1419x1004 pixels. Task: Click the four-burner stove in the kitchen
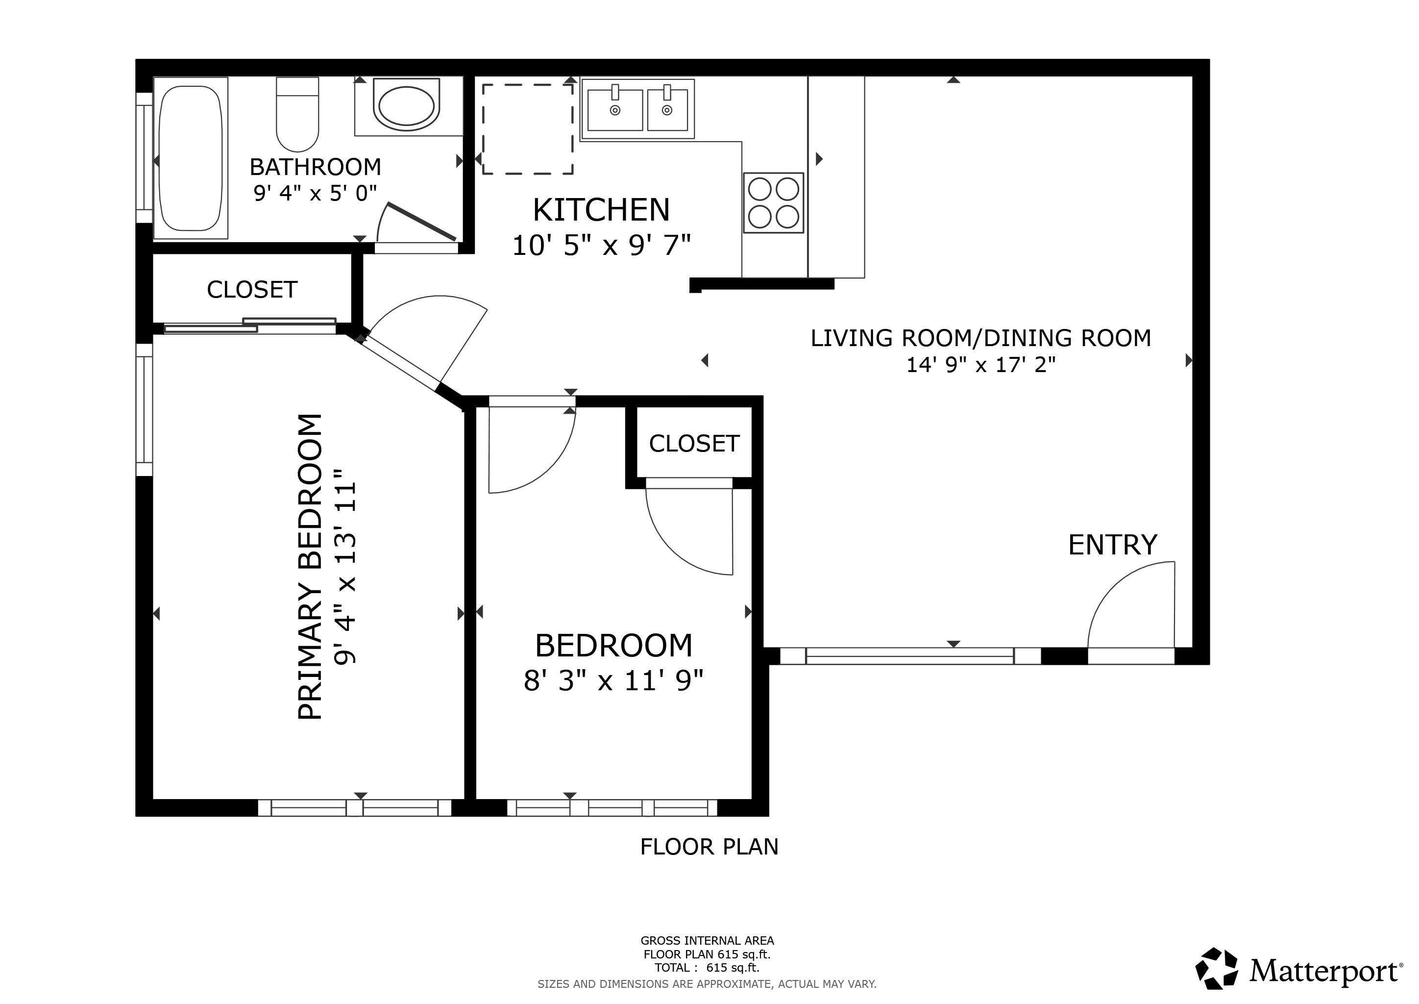point(773,203)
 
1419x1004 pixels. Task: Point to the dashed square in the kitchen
point(528,129)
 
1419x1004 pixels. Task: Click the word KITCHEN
point(601,210)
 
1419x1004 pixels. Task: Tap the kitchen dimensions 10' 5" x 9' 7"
point(601,246)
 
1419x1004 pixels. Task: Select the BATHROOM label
point(315,167)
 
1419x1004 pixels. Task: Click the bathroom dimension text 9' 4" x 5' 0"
point(315,194)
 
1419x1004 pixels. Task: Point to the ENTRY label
point(1112,545)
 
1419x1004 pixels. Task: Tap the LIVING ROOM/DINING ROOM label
point(981,338)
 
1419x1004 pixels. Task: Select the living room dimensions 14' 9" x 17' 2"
point(981,365)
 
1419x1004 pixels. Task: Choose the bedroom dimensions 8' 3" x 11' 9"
point(613,680)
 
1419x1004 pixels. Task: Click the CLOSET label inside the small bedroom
point(694,443)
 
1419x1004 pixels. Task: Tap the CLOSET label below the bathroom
point(252,289)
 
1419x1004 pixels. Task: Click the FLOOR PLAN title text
point(709,846)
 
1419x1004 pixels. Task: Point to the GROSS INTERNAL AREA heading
point(707,940)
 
